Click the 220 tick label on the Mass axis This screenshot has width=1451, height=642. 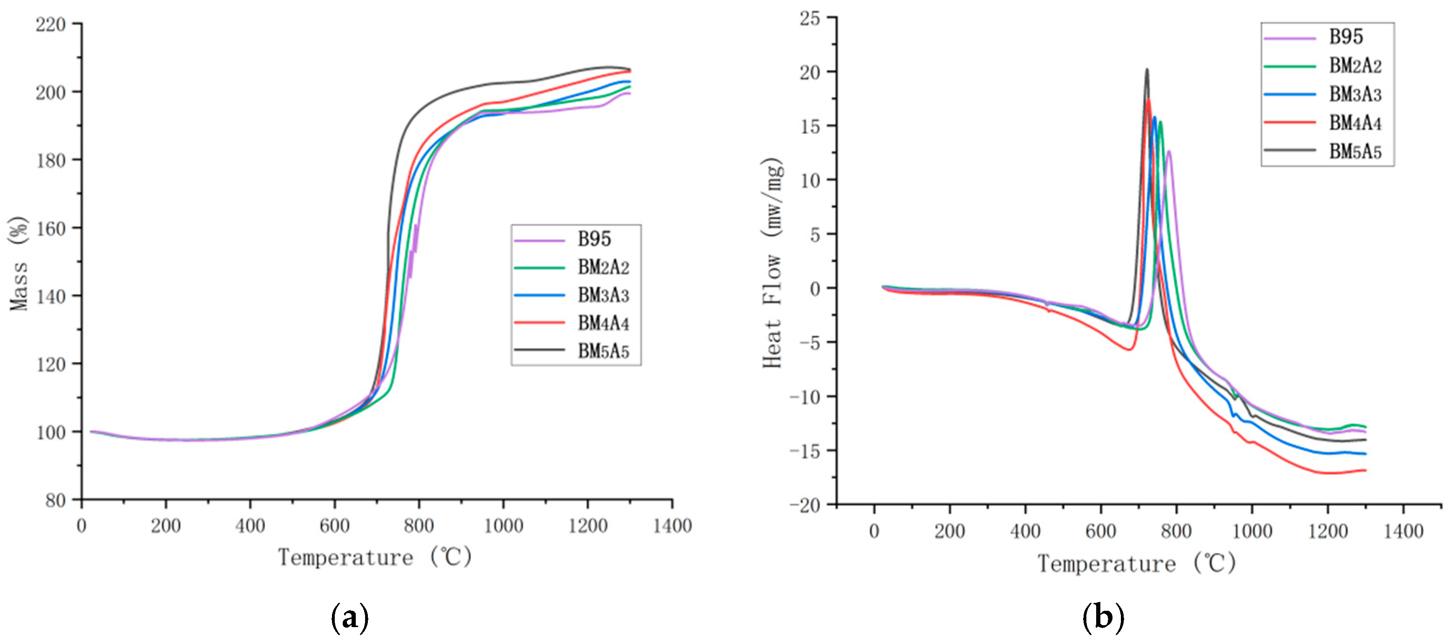click(x=51, y=25)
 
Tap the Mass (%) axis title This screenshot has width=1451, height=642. click(x=19, y=263)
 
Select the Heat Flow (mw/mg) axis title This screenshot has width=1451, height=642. click(x=773, y=263)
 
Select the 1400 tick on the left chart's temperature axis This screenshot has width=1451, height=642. click(x=672, y=526)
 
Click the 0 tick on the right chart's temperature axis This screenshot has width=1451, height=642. click(x=874, y=531)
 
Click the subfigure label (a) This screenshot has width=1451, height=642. click(x=350, y=617)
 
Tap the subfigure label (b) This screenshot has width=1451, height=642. click(x=1103, y=617)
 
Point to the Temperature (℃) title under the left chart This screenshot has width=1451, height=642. click(x=374, y=557)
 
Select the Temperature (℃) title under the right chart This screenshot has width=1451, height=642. click(x=1137, y=563)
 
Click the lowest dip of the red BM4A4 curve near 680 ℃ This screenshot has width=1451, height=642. click(x=1128, y=350)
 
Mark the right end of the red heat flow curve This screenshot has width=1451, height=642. click(x=1365, y=470)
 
